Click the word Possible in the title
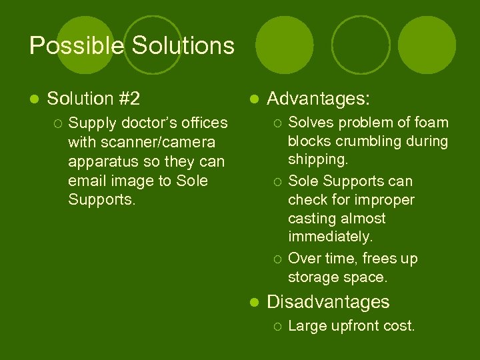(77, 46)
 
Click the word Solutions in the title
(183, 46)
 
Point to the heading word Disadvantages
(328, 302)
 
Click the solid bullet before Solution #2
(34, 100)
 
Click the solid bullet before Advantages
(253, 100)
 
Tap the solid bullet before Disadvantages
(253, 303)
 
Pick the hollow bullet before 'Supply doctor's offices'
(58, 123)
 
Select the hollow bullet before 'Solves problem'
(277, 123)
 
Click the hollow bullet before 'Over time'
(277, 259)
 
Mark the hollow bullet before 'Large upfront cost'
(277, 327)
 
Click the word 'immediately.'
(330, 237)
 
